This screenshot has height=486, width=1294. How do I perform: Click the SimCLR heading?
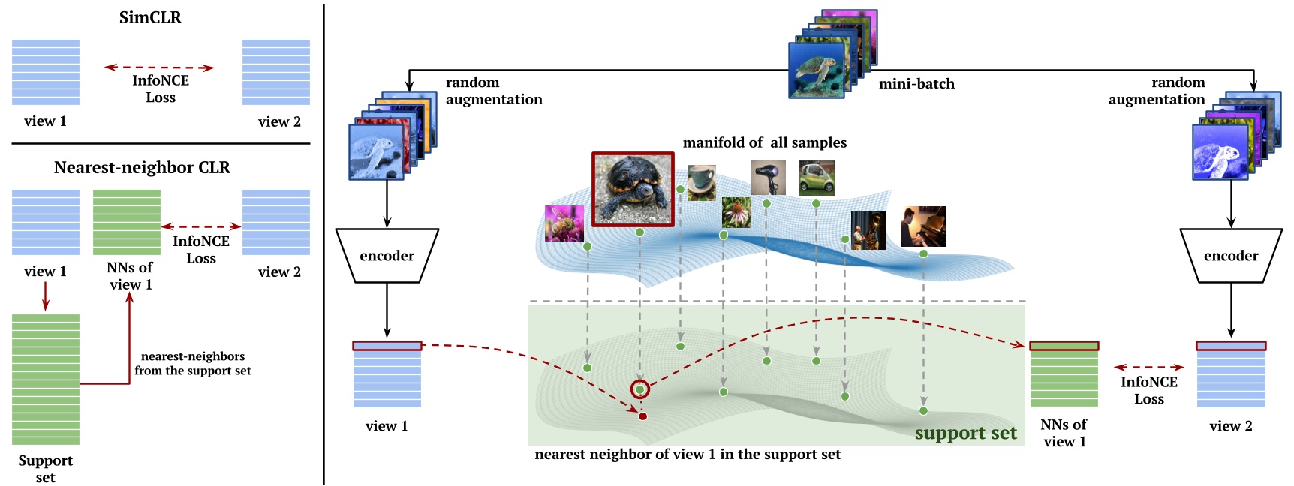(x=150, y=17)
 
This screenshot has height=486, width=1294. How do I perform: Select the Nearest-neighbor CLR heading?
(x=142, y=167)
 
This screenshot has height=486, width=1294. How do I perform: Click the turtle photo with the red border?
(x=633, y=189)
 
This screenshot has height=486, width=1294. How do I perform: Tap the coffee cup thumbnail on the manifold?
(x=701, y=183)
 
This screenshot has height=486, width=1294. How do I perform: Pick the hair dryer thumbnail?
(x=768, y=178)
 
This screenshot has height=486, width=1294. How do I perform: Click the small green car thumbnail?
(x=816, y=178)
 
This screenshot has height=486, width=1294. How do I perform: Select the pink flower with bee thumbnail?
(x=564, y=223)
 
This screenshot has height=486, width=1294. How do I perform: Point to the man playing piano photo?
(x=922, y=226)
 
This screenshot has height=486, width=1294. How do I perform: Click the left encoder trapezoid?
(x=387, y=256)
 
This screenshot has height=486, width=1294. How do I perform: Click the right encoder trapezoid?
(x=1230, y=256)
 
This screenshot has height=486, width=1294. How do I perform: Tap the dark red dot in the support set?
(x=642, y=416)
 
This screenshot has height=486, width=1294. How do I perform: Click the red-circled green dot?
(x=639, y=389)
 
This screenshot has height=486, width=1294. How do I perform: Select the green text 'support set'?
(x=965, y=433)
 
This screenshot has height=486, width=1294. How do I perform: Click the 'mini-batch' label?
(x=916, y=84)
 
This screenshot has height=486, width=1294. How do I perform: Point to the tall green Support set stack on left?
(x=46, y=379)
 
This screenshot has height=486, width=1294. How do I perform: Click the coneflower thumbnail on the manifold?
(x=736, y=212)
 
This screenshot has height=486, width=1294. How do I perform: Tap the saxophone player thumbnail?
(x=868, y=230)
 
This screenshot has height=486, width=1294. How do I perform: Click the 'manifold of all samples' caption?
(x=764, y=142)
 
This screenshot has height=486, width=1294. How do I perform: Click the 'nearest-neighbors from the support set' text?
(x=193, y=363)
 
